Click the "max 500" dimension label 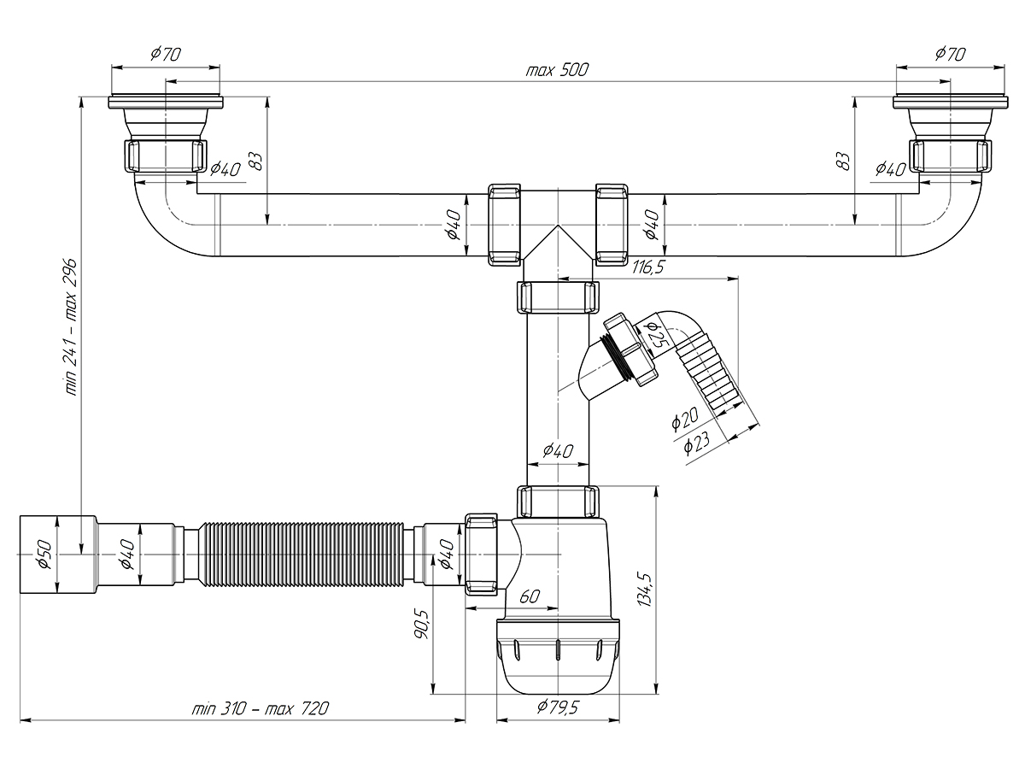tap(557, 70)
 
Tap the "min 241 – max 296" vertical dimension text tap(71, 326)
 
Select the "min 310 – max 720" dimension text tap(261, 708)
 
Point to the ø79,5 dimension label tap(557, 707)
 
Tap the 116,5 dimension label tap(647, 267)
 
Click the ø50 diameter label tap(44, 555)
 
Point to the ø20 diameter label tap(684, 418)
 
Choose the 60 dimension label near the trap tap(529, 596)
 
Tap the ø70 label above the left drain tap(166, 54)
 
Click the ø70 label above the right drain tap(950, 54)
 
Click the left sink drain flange tap(166, 103)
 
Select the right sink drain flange tap(951, 103)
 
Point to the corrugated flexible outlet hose tap(302, 555)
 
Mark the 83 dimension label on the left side tap(256, 161)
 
